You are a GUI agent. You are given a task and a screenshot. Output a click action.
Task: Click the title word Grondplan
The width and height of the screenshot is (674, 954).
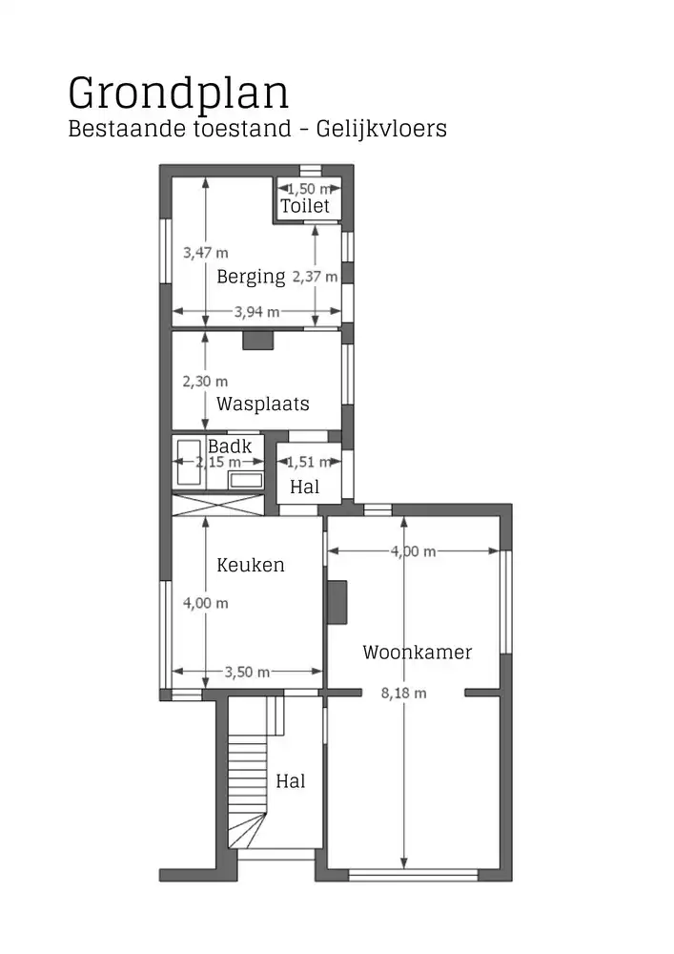[178, 93]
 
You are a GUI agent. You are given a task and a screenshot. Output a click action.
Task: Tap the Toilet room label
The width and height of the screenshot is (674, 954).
[304, 206]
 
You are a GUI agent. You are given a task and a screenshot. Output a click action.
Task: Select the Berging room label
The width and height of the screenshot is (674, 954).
[251, 278]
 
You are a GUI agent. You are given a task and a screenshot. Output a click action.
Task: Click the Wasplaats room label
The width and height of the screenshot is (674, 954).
[262, 404]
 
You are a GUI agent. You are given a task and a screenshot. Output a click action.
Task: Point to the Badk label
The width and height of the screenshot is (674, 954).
[230, 446]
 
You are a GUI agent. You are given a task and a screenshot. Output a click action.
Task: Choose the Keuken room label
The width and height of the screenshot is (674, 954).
[251, 565]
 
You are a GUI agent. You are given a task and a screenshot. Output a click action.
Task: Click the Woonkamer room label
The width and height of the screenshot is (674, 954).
[417, 653]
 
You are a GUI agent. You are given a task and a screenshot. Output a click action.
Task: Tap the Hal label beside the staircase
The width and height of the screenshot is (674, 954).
[291, 781]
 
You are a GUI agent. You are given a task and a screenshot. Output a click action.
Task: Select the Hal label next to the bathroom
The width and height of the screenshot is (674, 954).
[304, 487]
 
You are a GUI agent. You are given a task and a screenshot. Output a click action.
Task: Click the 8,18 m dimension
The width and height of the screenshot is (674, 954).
[404, 694]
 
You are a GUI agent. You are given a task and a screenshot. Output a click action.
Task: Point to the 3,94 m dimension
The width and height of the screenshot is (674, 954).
[256, 311]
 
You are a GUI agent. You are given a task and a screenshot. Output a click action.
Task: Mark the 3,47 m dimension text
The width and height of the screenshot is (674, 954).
[206, 253]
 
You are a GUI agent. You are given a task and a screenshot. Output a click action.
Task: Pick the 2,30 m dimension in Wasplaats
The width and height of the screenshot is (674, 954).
[205, 381]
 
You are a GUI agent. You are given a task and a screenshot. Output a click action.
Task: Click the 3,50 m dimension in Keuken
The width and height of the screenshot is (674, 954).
[247, 672]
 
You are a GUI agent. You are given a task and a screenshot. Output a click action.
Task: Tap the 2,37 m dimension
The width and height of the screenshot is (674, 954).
[315, 277]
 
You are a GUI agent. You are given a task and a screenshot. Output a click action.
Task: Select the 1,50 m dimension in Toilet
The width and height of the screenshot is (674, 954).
[308, 189]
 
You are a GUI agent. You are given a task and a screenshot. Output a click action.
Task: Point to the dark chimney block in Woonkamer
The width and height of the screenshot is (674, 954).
[337, 602]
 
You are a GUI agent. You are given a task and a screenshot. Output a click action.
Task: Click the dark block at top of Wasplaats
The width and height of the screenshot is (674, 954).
[257, 340]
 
